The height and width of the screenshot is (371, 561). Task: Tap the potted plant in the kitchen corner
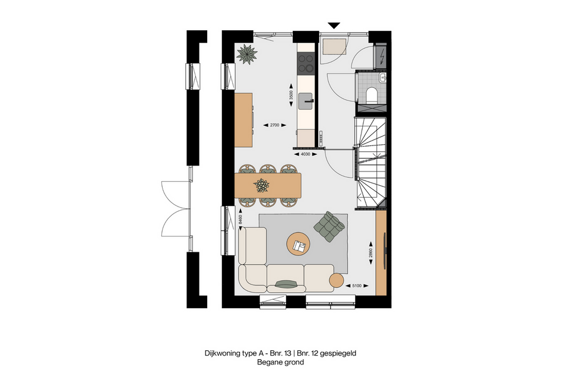[x=247, y=54]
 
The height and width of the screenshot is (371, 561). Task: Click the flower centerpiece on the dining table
[x=261, y=186]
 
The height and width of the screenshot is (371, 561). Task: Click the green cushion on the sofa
[x=286, y=283]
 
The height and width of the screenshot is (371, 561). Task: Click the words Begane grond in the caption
[x=280, y=362]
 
